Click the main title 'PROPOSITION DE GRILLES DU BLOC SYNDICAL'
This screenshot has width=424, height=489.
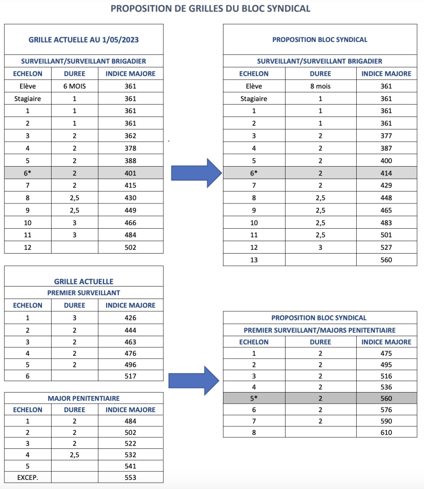(210, 9)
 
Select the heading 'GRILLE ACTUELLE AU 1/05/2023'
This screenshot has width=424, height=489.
(84, 40)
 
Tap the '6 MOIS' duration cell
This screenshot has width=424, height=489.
(74, 86)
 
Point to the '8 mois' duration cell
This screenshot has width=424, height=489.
(320, 86)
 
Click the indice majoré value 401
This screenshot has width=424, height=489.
(130, 173)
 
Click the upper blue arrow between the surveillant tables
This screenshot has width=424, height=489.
(196, 173)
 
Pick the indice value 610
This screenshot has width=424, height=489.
(386, 433)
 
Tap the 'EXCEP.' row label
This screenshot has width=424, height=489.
(27, 478)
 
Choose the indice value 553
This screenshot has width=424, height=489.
(130, 478)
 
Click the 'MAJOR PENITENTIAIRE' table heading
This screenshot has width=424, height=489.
(84, 398)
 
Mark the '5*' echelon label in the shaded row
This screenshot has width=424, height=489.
(254, 398)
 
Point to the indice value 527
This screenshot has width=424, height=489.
(386, 247)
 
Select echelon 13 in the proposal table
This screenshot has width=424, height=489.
(254, 260)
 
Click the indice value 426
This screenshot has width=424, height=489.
(130, 318)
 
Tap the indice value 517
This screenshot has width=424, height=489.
(130, 376)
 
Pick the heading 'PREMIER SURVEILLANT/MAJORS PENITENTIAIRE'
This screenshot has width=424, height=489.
(319, 330)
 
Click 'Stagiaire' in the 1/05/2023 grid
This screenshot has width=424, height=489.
(27, 98)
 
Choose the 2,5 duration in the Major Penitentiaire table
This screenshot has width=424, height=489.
(74, 455)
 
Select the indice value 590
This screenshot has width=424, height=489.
(386, 421)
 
